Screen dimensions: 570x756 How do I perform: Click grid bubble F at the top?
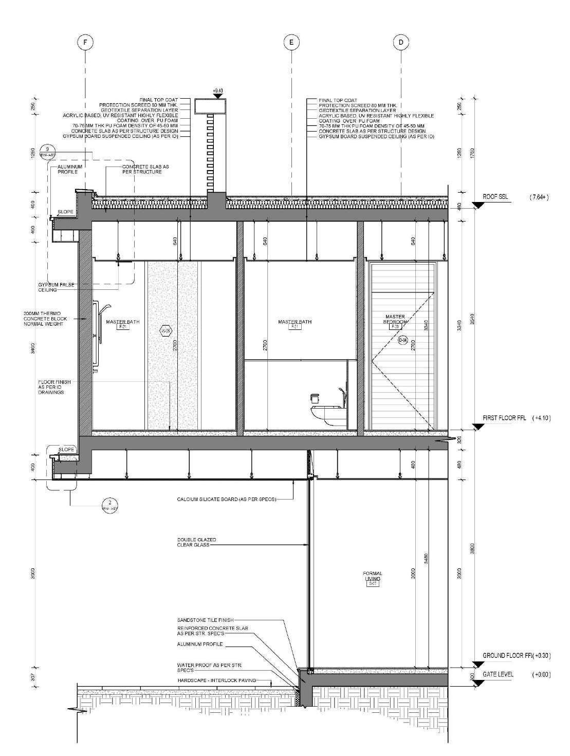tap(85, 43)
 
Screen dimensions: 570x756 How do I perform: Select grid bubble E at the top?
tap(291, 43)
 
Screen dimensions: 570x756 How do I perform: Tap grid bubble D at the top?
tap(401, 43)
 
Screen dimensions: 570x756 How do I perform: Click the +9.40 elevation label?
tap(218, 90)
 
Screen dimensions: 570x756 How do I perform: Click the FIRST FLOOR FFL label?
tap(506, 418)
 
